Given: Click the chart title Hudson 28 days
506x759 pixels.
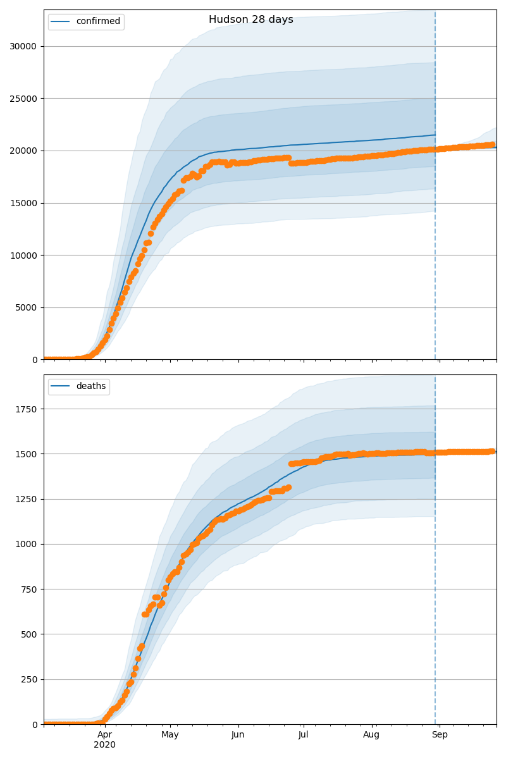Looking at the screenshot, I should pos(251,20).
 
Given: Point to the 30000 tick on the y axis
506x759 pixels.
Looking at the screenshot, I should pos(23,46).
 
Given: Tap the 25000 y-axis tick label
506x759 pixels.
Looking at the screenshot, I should pos(23,99).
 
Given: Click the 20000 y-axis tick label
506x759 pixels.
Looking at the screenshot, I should pos(23,151).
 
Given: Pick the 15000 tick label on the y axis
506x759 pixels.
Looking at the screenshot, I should pos(23,203).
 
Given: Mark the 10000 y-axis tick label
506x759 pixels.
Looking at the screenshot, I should pos(23,256).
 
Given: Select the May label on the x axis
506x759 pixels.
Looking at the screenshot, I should pos(170,735).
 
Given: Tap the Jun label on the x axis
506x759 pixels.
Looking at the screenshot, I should pos(238,735).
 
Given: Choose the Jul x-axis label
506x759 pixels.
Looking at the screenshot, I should pos(303,735).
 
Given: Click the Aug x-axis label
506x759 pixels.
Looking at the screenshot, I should pos(371,735).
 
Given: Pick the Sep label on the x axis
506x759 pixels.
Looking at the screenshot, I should pos(440,735).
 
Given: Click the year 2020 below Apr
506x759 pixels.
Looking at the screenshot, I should pos(105,745).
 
